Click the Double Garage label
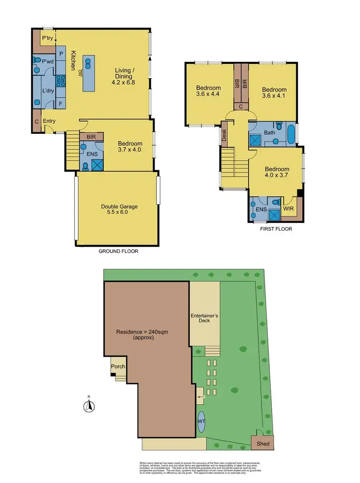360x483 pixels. pyautogui.click(x=119, y=210)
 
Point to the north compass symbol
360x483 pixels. pyautogui.click(x=88, y=405)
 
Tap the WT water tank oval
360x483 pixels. pyautogui.click(x=201, y=421)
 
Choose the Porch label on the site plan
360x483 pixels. pyautogui.click(x=118, y=366)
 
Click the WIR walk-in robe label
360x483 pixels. pyautogui.click(x=288, y=209)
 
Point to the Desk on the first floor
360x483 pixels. pyautogui.click(x=224, y=136)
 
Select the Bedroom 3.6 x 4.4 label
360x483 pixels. pyautogui.click(x=208, y=91)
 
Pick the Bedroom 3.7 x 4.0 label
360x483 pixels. pyautogui.click(x=130, y=147)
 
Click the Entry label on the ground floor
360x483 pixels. pyautogui.click(x=49, y=121)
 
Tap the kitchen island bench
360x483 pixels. pyautogui.click(x=89, y=73)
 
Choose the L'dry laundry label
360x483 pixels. pyautogui.click(x=48, y=90)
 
